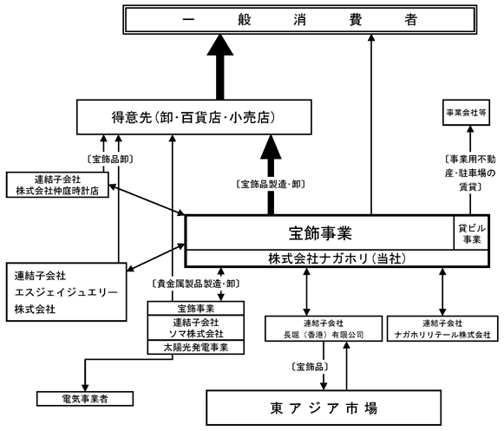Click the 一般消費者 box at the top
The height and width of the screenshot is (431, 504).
pos(300,20)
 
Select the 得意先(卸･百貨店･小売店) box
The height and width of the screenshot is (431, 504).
pos(193,117)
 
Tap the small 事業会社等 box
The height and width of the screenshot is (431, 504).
pos(466,113)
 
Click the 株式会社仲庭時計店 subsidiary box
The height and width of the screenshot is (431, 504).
pos(57,185)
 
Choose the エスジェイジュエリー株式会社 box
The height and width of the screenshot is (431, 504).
pos(66,292)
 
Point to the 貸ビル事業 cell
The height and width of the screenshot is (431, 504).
pos(472,233)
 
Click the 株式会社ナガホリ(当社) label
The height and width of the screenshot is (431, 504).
pos(337,258)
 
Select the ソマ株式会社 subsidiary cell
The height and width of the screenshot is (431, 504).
pos(196,328)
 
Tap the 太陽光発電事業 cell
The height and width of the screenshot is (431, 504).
pos(196,348)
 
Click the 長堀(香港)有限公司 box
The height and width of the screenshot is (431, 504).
pos(324,329)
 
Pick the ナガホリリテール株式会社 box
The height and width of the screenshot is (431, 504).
pos(442,329)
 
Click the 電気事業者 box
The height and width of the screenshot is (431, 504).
pos(85,399)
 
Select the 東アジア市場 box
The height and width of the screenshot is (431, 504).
pos(324,408)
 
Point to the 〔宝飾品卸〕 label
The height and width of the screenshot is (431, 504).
pos(110,159)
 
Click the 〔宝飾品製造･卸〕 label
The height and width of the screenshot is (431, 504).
pos(271,184)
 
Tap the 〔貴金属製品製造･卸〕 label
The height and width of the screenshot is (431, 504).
pos(196,284)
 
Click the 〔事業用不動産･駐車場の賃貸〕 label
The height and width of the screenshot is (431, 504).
pos(470,173)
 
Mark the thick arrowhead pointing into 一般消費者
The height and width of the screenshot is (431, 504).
pos(220,45)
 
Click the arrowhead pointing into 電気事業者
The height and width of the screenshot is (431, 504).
pos(85,388)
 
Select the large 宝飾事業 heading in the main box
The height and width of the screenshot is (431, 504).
pos(320,233)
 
